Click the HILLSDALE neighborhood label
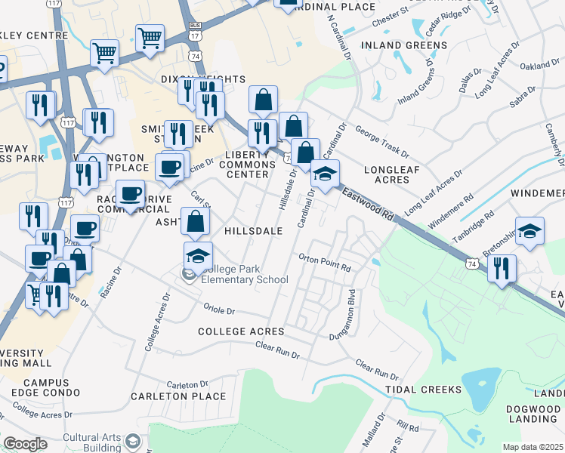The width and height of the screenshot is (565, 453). pyautogui.click(x=253, y=230)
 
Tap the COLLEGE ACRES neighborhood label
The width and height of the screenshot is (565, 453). pyautogui.click(x=241, y=331)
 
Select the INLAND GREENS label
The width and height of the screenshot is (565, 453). pyautogui.click(x=404, y=45)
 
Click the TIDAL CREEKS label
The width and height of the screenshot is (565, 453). pyautogui.click(x=423, y=390)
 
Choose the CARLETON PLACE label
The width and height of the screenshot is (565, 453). pyautogui.click(x=178, y=396)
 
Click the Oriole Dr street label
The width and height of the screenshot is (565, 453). pyautogui.click(x=220, y=310)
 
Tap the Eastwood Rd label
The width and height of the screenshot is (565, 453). pyautogui.click(x=367, y=204)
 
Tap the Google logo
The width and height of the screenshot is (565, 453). pyautogui.click(x=25, y=444)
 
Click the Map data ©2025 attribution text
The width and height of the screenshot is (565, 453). pyautogui.click(x=533, y=447)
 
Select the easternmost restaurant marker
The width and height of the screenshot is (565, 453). pyautogui.click(x=502, y=268)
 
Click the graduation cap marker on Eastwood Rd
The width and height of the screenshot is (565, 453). pyautogui.click(x=325, y=174)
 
